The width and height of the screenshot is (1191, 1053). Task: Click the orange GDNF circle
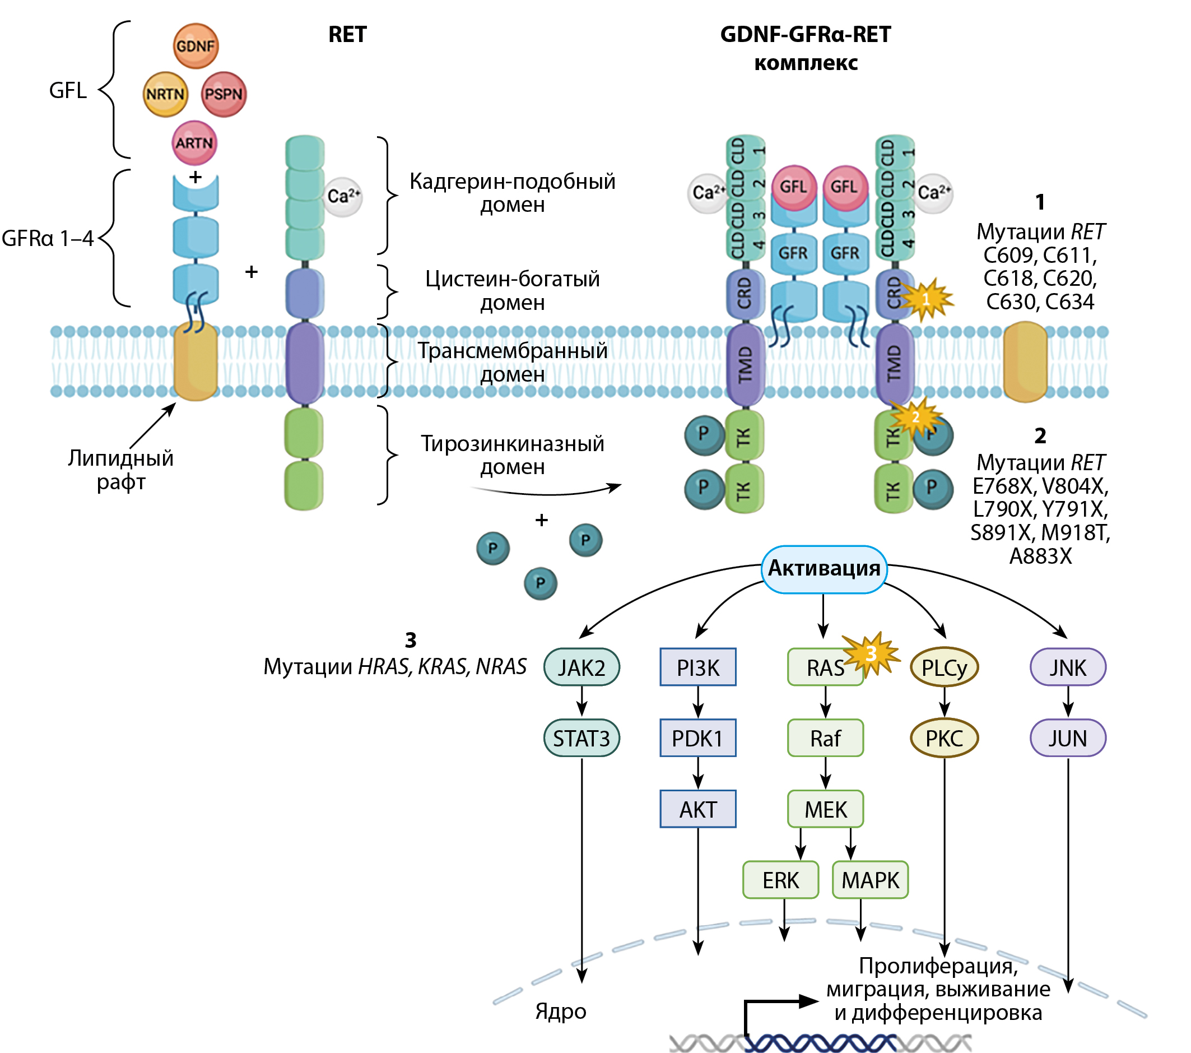click(196, 46)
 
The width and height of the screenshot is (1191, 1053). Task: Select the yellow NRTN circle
click(165, 94)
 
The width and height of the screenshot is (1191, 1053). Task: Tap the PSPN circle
click(224, 94)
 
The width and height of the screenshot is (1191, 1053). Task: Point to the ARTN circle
click(194, 143)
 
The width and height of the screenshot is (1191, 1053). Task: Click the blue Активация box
click(824, 569)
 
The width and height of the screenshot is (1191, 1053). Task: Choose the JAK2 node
click(581, 667)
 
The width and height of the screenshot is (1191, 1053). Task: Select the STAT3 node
click(581, 738)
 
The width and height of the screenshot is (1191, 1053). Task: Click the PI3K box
click(698, 667)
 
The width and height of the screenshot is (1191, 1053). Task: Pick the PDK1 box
click(698, 738)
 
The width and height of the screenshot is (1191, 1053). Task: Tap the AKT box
click(698, 809)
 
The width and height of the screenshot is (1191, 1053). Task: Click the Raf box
click(825, 738)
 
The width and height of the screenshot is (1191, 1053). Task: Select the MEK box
click(825, 809)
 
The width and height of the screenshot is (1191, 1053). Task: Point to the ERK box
click(781, 880)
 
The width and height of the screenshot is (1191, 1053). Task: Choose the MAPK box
click(871, 880)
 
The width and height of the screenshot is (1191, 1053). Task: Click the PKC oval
click(944, 738)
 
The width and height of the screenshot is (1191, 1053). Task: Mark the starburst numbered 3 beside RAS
click(871, 654)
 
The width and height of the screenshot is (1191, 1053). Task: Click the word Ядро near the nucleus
click(561, 1012)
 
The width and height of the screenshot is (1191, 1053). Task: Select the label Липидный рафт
click(120, 470)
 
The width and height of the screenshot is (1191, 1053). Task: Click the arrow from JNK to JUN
click(1068, 703)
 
